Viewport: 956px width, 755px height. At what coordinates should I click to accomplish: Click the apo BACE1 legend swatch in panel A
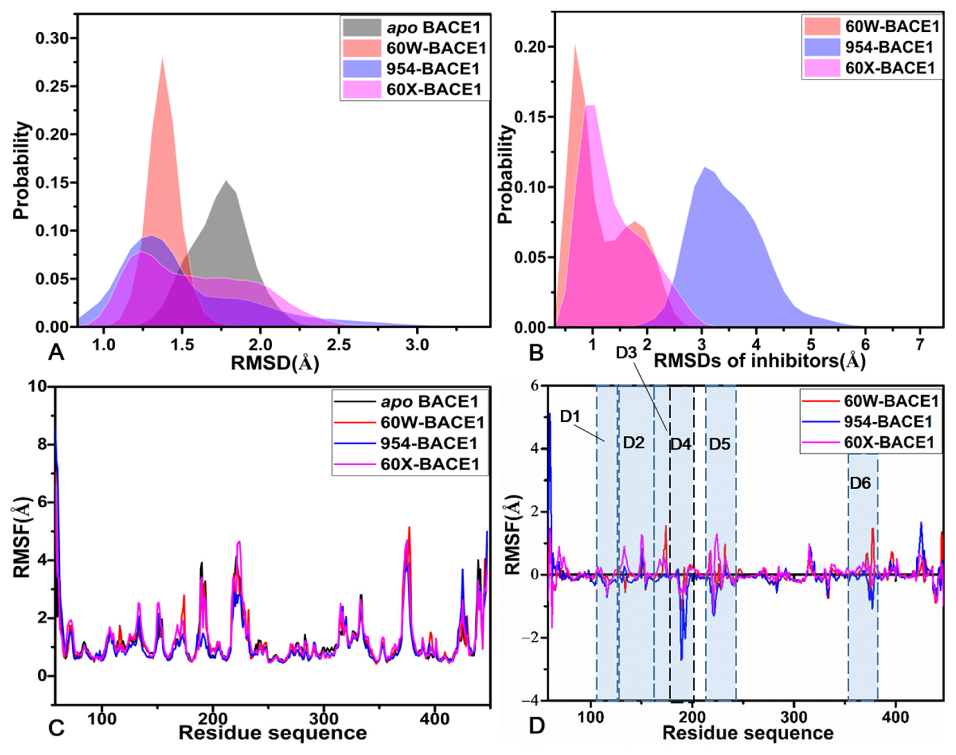pos(362,27)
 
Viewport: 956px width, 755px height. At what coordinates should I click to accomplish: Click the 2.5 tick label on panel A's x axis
pos(339,344)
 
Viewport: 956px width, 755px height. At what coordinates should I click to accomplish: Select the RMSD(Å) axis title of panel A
pos(275,363)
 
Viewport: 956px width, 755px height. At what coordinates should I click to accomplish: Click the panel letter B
pos(536,353)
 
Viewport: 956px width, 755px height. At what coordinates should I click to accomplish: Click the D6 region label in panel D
pos(860,483)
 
